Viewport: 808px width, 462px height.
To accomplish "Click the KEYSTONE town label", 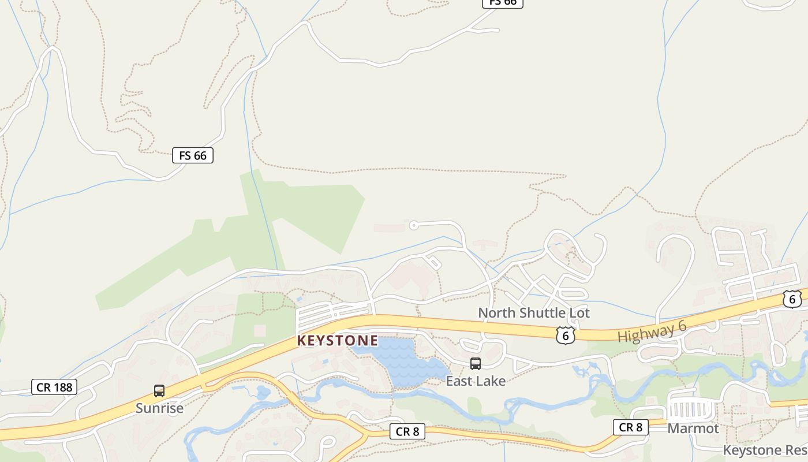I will point(338,341).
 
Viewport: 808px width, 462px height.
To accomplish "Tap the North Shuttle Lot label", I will point(534,313).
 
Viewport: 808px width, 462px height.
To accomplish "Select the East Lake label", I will point(476,381).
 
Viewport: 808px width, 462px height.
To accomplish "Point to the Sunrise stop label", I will point(159,408).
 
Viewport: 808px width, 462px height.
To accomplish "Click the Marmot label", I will point(693,429).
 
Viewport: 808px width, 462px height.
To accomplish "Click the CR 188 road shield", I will point(54,387).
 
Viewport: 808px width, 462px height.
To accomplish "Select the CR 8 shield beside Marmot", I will point(630,427).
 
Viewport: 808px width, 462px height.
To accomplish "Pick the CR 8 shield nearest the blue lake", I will point(407,431).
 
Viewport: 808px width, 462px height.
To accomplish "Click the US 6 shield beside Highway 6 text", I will point(566,335).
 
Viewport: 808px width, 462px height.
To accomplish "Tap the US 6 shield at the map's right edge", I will point(792,299).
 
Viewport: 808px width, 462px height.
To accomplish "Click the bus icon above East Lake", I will point(476,364).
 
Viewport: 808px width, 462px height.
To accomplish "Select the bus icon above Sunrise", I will point(159,391).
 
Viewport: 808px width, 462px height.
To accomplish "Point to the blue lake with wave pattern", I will point(404,361).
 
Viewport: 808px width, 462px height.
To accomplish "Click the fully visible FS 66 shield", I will point(193,155).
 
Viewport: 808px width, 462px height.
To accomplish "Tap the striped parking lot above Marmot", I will point(691,411).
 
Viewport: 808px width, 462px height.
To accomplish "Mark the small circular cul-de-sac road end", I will point(413,225).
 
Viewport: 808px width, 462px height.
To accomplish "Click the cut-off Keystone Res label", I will point(765,450).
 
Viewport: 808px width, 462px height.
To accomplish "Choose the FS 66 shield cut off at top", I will point(502,3).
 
